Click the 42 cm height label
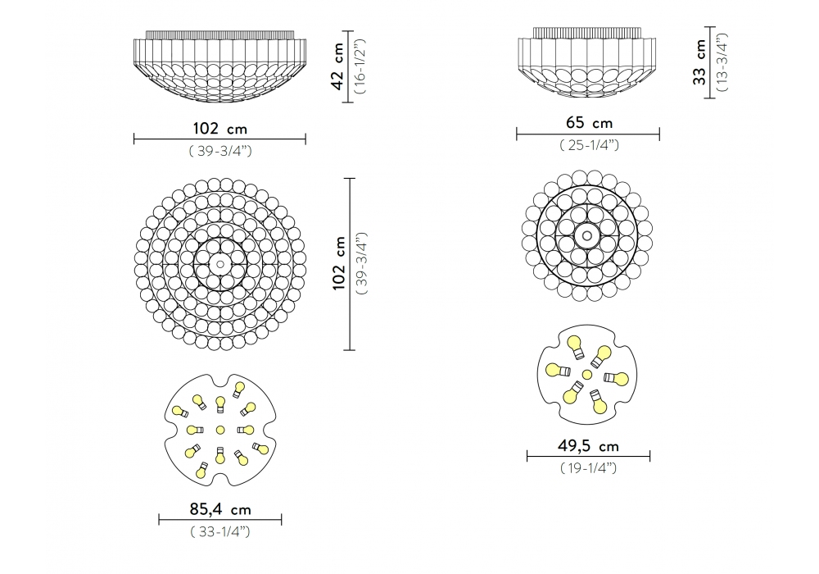pos(338,66)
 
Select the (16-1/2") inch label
pos(360,66)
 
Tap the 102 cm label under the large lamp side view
pos(219,129)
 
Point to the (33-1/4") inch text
pos(219,531)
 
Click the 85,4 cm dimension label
pos(219,508)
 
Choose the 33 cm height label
pos(699,61)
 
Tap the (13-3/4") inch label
pos(722,62)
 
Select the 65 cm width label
pos(589,123)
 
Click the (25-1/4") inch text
pos(589,145)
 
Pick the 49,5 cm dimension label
pos(588,446)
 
